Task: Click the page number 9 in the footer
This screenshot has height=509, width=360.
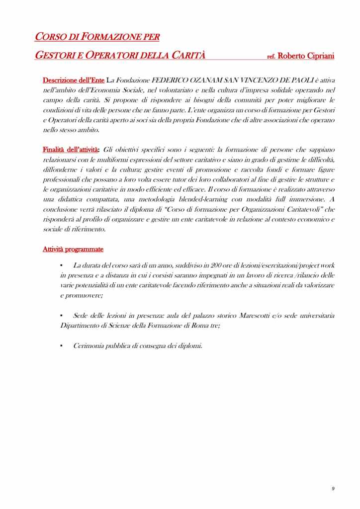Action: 333,489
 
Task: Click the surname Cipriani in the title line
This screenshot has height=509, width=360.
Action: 317,56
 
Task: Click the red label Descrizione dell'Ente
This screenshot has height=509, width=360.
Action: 74,80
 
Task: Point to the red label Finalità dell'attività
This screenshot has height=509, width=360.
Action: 71,150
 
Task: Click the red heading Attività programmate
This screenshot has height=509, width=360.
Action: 73,249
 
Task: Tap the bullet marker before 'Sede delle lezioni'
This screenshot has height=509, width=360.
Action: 61,315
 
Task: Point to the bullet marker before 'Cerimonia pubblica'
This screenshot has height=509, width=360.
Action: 61,345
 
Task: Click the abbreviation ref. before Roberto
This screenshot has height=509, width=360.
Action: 271,57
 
